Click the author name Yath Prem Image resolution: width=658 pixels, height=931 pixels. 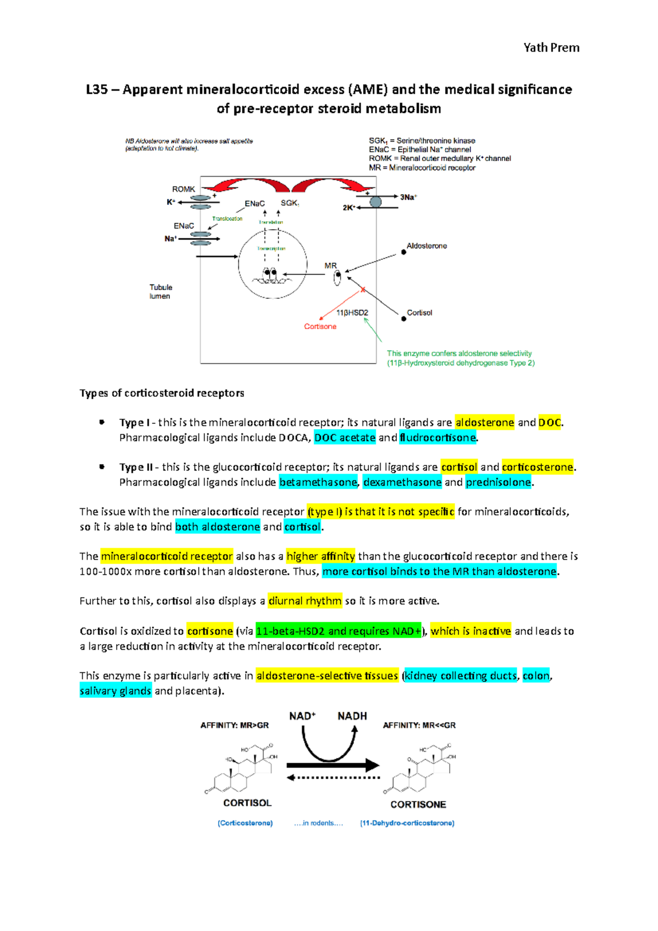[551, 48]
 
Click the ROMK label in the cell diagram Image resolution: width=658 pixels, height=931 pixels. [184, 189]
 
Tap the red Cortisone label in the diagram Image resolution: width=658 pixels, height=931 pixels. [320, 327]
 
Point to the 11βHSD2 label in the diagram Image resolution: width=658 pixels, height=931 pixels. [352, 313]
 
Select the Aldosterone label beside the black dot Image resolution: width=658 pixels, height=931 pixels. [427, 246]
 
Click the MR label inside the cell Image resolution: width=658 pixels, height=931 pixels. [331, 266]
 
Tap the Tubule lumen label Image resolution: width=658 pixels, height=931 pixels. [161, 292]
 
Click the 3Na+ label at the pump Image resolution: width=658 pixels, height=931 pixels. [408, 197]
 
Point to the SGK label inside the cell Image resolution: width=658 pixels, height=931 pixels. [290, 203]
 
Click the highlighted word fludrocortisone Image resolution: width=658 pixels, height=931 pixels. [438, 438]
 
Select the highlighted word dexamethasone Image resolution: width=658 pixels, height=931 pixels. [402, 482]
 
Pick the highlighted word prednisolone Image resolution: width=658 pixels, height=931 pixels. [498, 482]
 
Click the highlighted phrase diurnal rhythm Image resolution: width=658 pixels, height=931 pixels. [305, 601]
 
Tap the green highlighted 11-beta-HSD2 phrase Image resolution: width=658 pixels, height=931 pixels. [338, 631]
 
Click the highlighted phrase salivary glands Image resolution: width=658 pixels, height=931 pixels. [115, 691]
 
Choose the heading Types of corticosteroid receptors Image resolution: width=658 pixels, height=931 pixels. [162, 393]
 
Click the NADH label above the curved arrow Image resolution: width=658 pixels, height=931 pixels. [352, 716]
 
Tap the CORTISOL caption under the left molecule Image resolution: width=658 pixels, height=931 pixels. [247, 803]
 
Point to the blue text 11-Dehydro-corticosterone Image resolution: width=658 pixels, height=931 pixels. [407, 823]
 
